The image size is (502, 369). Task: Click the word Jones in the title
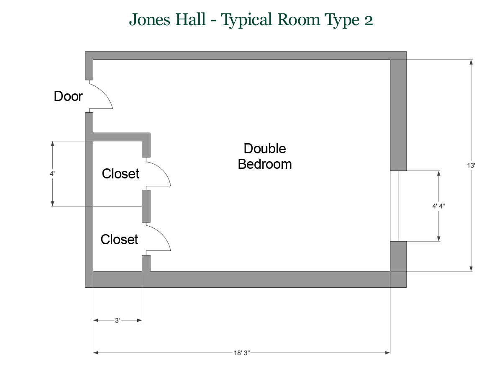pos(149,20)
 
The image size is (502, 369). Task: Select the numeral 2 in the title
pos(369,21)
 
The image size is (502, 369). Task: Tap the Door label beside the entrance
pos(68,96)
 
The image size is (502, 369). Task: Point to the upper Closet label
pos(120,174)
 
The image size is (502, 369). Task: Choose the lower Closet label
pos(119,239)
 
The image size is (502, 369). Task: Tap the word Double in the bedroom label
pos(265,149)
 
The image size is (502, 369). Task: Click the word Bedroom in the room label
pos(265,164)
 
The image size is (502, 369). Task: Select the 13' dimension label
pos(471,165)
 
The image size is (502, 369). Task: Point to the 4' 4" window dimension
pos(438,206)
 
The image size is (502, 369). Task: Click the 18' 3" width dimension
pos(242,353)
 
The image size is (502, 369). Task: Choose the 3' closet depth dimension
pos(118,320)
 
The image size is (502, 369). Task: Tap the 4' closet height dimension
pos(52,174)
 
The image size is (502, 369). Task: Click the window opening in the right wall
pos(394,206)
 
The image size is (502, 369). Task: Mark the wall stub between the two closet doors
pos(146,206)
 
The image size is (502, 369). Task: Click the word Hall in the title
pos(190,19)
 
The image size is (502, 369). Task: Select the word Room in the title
pos(299,20)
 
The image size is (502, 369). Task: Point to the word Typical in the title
pos(246,20)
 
